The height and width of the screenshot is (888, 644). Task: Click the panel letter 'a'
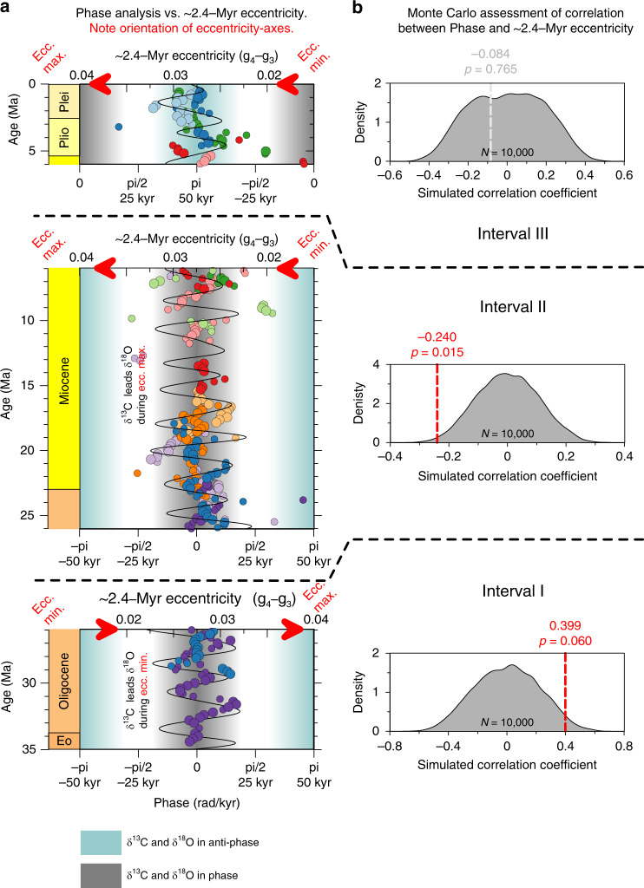click(8, 9)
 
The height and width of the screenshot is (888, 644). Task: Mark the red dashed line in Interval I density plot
click(565, 692)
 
